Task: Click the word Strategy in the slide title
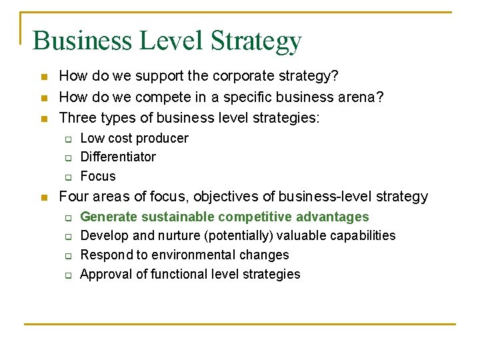pos(256,41)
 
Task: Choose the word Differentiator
pos(118,157)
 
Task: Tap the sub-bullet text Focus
pos(98,177)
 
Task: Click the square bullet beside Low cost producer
pos(67,139)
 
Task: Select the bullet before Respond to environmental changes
pos(67,256)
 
